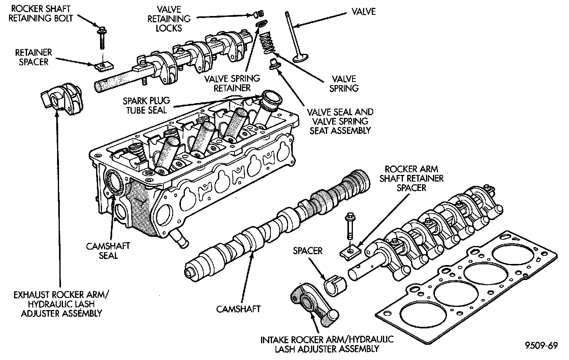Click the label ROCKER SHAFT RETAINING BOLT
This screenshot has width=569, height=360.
(42, 14)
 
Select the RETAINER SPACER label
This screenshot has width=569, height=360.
(33, 57)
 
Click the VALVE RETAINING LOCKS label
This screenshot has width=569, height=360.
(168, 18)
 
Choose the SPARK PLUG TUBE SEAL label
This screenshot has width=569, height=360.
(145, 105)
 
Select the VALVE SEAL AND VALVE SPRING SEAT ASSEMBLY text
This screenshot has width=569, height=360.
(340, 121)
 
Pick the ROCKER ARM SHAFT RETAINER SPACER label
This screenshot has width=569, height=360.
(414, 178)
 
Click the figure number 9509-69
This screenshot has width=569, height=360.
(541, 346)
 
